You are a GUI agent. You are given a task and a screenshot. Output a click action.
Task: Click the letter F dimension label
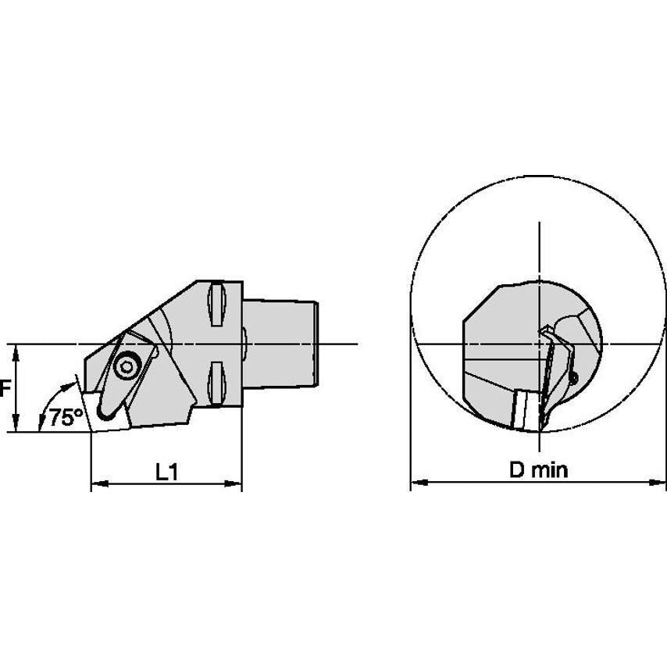(x=5, y=388)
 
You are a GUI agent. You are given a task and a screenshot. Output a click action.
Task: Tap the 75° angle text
(x=65, y=417)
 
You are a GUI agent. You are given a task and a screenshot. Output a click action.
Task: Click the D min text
(x=539, y=469)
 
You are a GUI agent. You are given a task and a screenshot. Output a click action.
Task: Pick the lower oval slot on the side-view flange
(x=216, y=383)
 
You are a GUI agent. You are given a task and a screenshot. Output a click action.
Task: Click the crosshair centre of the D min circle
(x=539, y=344)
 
